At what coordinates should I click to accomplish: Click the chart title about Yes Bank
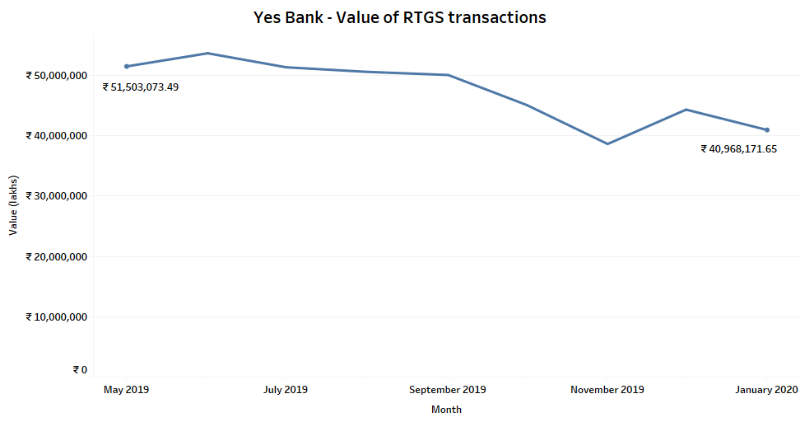399,17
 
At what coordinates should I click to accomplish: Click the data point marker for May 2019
127,66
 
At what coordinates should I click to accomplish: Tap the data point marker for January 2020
767,129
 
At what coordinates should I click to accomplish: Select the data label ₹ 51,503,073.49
140,87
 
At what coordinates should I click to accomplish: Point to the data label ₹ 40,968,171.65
738,149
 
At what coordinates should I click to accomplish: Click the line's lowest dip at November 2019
607,143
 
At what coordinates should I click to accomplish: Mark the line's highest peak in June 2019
207,53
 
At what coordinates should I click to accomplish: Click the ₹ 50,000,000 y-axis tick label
57,75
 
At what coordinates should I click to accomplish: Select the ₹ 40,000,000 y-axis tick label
57,135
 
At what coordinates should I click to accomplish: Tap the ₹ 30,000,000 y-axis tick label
57,196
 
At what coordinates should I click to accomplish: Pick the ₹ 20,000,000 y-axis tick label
57,256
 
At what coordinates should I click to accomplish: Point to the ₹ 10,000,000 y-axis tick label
57,316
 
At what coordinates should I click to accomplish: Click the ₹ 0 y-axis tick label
79,370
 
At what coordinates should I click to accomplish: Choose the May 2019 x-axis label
126,390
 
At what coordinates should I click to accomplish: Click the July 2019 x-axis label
286,390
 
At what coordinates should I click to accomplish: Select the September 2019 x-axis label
447,390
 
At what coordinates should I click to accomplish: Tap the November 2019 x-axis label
607,390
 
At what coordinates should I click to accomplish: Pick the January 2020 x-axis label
766,390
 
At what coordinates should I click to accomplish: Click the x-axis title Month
446,409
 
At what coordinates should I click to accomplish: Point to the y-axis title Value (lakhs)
12,205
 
